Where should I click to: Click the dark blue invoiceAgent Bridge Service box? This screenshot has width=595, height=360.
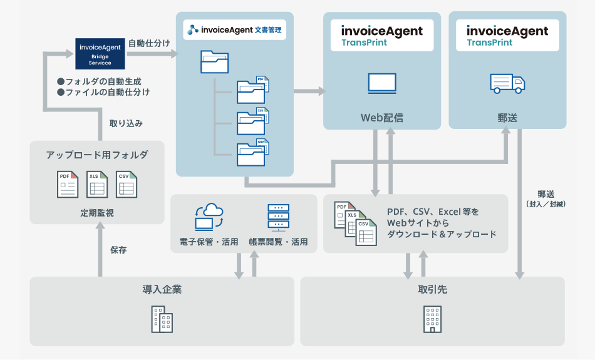pos(100,54)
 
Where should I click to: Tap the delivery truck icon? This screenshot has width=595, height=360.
pos(507,84)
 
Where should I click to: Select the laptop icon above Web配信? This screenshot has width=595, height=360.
pos(382,83)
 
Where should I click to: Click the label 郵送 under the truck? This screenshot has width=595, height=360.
pos(507,118)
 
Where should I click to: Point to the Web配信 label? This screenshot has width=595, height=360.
pos(382,118)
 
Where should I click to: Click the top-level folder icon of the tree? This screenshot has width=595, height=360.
pos(214,62)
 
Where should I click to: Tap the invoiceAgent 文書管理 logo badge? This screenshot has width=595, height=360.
pos(234,29)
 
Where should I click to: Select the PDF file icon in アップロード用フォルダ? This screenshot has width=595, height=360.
pos(68,184)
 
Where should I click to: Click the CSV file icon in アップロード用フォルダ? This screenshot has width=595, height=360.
pos(127,184)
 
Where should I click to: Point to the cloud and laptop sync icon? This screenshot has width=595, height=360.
pos(209,217)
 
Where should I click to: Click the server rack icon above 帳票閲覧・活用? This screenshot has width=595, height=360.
pos(279,218)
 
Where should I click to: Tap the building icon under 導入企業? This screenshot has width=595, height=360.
pos(162,319)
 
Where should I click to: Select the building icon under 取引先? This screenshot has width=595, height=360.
pos(433,319)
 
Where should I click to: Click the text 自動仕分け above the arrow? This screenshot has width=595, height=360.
pos(149,43)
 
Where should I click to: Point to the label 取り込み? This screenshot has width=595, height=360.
pos(126,123)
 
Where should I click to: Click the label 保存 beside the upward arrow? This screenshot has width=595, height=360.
pos(118,250)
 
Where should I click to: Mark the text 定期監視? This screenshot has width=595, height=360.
pos(97,213)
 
